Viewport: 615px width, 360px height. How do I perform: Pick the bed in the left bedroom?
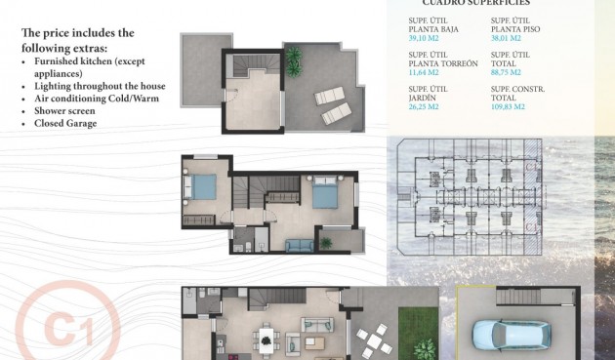click(204, 188)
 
